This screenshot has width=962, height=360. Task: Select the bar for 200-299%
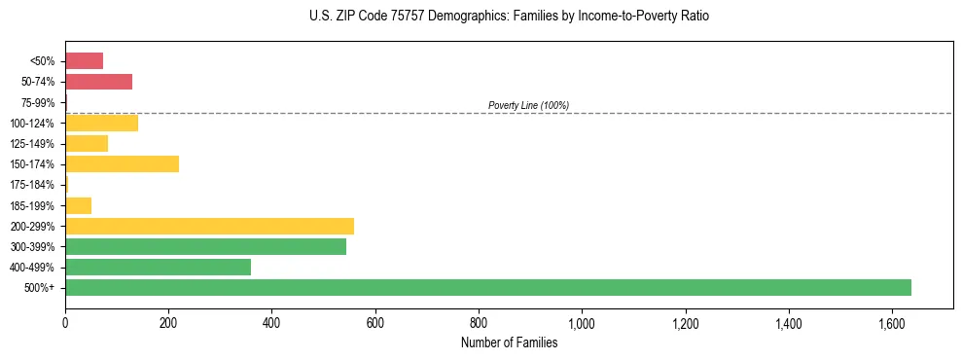(x=209, y=226)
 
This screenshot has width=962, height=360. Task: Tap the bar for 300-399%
(x=205, y=246)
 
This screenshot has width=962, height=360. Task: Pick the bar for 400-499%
(x=158, y=267)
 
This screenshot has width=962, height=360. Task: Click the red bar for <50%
(x=84, y=61)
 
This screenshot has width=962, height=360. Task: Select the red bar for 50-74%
(x=98, y=82)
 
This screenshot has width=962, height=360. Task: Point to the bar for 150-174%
(x=122, y=163)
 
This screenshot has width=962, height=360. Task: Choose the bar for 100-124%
(x=101, y=123)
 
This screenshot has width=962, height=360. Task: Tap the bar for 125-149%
(x=87, y=143)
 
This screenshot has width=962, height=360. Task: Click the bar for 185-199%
(x=78, y=205)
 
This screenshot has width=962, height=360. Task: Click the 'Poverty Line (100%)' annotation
(x=528, y=105)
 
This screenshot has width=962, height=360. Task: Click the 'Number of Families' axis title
(x=509, y=342)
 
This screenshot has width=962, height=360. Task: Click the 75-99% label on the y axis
(x=39, y=102)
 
